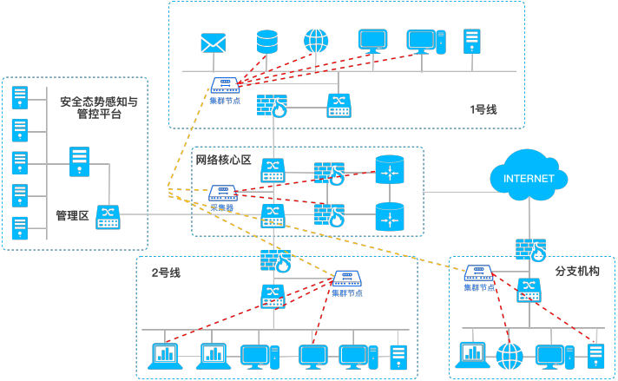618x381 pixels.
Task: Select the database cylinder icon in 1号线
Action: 266,41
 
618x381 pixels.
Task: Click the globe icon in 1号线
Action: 315,41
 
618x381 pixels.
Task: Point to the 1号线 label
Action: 483,109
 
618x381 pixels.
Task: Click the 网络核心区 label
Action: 223,160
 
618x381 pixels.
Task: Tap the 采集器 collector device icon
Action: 223,194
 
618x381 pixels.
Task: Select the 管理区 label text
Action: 72,215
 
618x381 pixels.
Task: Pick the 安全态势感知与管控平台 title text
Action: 98,108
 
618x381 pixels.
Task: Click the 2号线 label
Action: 166,273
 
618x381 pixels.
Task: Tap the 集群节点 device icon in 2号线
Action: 347,279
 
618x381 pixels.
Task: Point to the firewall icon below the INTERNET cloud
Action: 529,249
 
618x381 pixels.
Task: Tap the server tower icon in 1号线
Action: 471,40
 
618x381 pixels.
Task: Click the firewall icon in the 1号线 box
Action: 273,105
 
